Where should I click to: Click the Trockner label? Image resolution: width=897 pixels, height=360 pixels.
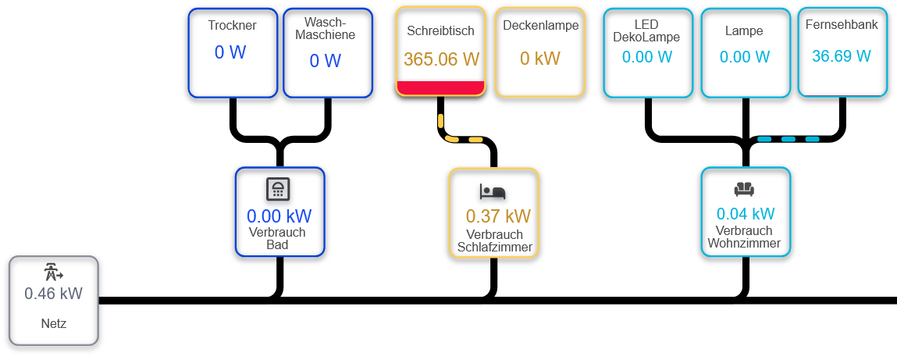click(x=232, y=26)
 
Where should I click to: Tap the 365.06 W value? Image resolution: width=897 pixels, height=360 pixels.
click(x=441, y=59)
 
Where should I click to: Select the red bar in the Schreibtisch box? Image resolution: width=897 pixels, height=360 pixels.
click(x=441, y=87)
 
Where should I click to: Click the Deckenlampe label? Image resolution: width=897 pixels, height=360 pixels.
click(x=540, y=26)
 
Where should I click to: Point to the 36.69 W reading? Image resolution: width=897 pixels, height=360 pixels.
click(x=841, y=56)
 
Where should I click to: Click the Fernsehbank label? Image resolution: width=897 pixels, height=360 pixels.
click(x=842, y=25)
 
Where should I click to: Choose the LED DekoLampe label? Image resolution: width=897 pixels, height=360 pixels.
click(x=646, y=31)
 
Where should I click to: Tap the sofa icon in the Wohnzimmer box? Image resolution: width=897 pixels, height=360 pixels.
click(x=744, y=189)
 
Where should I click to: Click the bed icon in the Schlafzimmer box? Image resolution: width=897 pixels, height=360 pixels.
click(x=493, y=191)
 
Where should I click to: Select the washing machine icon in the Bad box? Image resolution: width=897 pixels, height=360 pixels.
click(x=279, y=189)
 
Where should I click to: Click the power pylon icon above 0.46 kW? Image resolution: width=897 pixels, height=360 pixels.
click(x=53, y=273)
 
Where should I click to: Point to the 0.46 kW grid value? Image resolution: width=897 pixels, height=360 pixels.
click(x=53, y=294)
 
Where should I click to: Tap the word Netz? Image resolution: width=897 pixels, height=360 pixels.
click(x=54, y=323)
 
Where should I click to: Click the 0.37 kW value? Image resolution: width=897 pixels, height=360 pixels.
click(x=497, y=216)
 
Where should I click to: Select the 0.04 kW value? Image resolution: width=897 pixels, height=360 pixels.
click(x=746, y=214)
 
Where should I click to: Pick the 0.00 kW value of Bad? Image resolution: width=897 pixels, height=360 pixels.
click(x=279, y=216)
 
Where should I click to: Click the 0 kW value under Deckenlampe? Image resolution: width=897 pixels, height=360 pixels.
click(x=540, y=59)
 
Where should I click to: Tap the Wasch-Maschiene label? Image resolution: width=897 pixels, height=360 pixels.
click(x=329, y=29)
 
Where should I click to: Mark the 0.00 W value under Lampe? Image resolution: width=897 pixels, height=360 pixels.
click(x=744, y=57)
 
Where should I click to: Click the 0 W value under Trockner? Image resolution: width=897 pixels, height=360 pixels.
click(x=230, y=53)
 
